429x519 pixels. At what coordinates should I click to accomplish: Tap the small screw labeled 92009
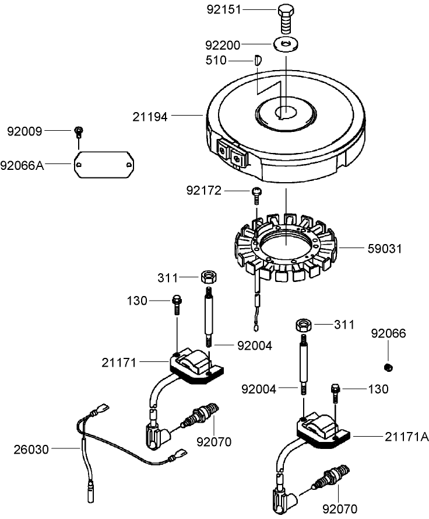coord(79,131)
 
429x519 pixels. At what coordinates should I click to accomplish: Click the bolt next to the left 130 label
coord(176,304)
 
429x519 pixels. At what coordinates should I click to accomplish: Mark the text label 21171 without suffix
coord(119,363)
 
